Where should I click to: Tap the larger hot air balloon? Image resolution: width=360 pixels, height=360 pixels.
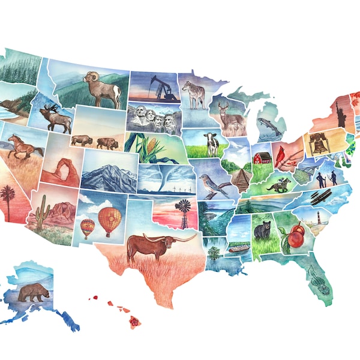[109, 221]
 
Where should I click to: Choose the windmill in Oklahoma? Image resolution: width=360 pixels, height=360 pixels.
[184, 212]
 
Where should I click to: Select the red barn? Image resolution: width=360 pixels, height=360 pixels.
[262, 158]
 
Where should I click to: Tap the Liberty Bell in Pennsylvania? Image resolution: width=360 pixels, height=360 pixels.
[316, 143]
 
